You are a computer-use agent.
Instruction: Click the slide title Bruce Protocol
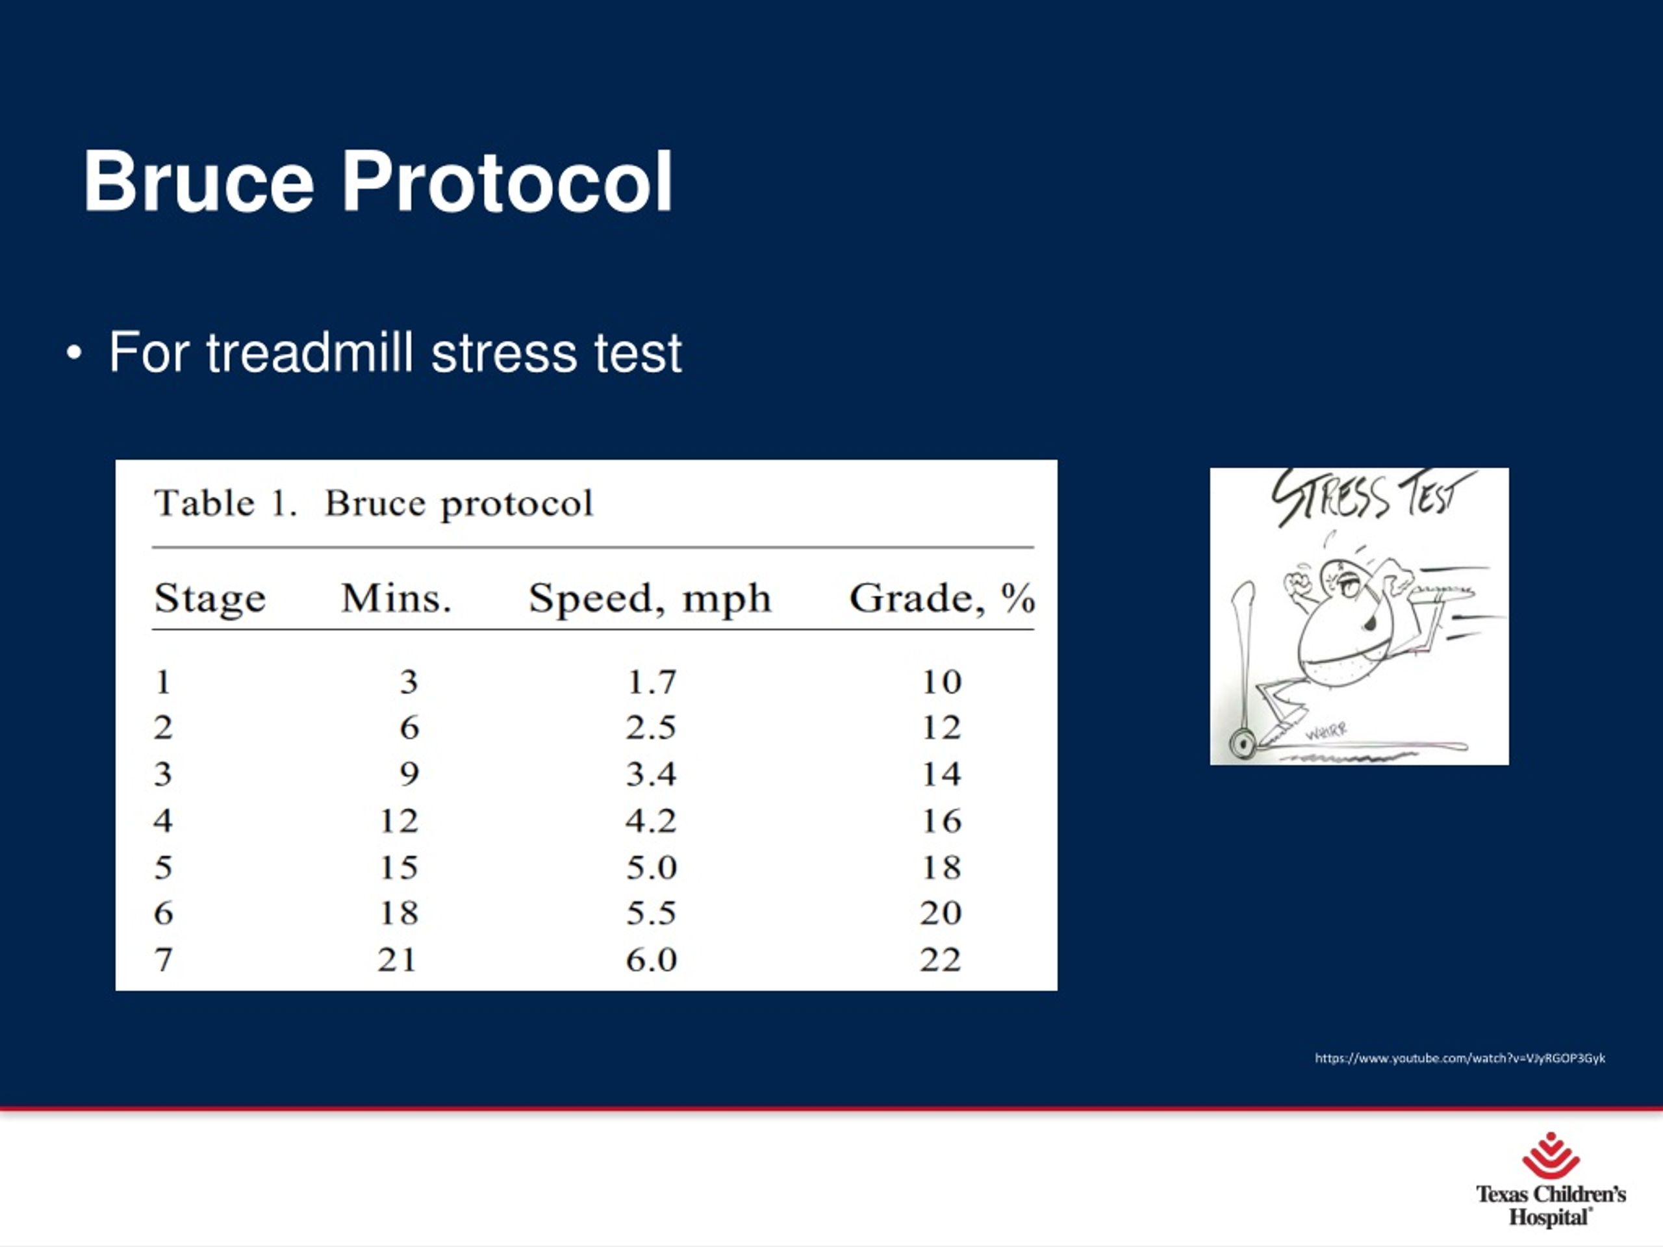377,182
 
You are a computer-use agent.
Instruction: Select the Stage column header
210,599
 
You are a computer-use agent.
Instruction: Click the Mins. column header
396,599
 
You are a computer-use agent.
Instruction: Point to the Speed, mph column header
650,599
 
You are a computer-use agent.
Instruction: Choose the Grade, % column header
941,599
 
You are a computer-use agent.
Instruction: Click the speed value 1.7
651,683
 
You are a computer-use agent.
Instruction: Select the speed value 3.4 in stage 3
651,774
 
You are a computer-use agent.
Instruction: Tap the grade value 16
941,821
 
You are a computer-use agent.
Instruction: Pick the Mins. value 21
397,960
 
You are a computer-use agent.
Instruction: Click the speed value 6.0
651,960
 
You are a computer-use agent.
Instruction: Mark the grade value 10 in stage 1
941,683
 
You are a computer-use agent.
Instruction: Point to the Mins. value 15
398,868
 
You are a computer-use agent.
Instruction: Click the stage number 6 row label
163,913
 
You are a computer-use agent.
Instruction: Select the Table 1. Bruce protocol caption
374,503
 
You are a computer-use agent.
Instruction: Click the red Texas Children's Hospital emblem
1550,1155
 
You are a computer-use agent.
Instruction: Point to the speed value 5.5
651,913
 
